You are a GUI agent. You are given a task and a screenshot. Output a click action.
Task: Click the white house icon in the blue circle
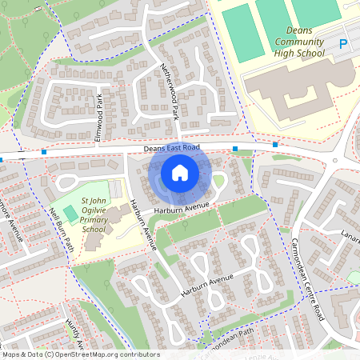point(180,172)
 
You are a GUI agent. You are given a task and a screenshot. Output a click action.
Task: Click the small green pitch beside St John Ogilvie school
point(71,214)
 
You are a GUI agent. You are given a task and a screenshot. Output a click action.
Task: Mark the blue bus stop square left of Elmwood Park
point(44,151)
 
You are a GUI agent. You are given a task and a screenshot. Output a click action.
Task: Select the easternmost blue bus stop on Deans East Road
point(275,145)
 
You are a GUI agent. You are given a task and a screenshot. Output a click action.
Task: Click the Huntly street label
point(73,337)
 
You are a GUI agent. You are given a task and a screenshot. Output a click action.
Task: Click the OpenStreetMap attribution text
point(80,354)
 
